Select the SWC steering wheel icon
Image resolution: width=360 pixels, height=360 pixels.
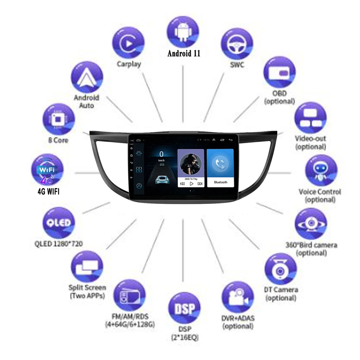(237, 43)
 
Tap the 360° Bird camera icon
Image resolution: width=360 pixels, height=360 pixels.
(311, 224)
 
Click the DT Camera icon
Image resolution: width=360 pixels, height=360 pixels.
(280, 269)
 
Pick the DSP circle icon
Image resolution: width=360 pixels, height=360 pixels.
(183, 309)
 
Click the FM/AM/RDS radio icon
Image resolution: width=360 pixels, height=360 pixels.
(130, 295)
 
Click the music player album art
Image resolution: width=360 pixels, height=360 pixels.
(191, 164)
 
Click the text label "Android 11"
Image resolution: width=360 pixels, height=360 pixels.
(184, 54)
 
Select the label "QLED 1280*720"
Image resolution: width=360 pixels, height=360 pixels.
(58, 244)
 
